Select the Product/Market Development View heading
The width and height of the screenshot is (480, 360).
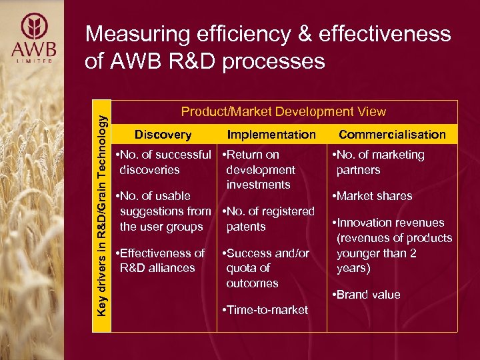(283, 112)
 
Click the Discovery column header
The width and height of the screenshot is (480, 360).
(163, 135)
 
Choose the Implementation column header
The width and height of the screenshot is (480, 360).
(271, 135)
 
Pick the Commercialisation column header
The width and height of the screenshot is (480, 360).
(392, 135)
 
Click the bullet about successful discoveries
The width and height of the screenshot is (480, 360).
(163, 163)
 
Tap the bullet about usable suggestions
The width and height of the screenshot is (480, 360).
(163, 211)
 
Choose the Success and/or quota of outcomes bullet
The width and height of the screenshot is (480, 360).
(267, 268)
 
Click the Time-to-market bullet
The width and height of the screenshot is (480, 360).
(265, 310)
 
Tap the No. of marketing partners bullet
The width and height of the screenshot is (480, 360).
(380, 163)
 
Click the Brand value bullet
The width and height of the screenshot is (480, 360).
(367, 295)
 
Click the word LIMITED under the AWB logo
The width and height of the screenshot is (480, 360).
(33, 62)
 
